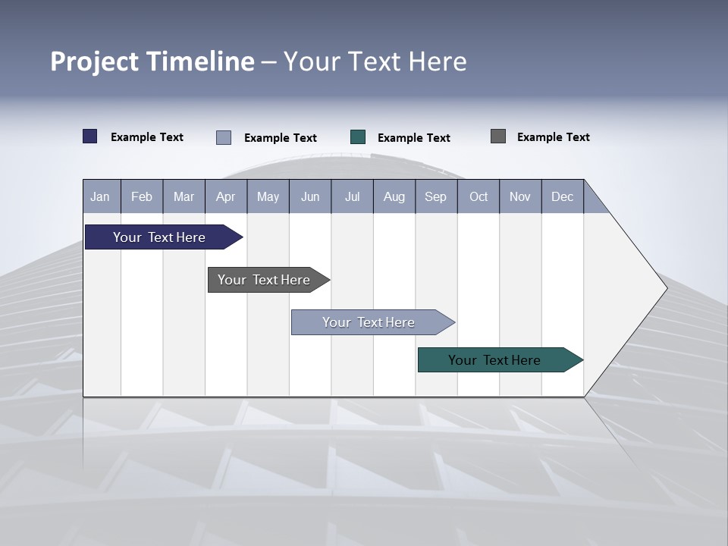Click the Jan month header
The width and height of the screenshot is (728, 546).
pos(100,196)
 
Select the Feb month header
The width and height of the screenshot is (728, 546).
pos(142,196)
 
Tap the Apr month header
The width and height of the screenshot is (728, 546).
pos(225,196)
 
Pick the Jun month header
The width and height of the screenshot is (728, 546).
pos(310,196)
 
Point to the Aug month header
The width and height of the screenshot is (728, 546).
pos(394,196)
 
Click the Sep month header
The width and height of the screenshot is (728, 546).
pos(435,196)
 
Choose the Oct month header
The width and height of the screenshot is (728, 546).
pos(479,196)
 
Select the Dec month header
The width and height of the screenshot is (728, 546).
pos(562,196)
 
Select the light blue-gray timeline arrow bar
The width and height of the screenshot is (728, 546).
pos(370,322)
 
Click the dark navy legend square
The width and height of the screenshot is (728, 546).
pos(90,136)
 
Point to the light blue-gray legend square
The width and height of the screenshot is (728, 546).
pos(224,137)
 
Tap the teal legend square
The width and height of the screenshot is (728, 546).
pos(358,137)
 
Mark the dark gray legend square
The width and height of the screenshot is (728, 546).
pos(498,136)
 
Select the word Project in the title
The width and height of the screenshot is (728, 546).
pos(94,61)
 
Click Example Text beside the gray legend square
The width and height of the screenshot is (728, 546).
pos(553,137)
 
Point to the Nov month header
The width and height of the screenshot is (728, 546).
pos(520,196)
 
